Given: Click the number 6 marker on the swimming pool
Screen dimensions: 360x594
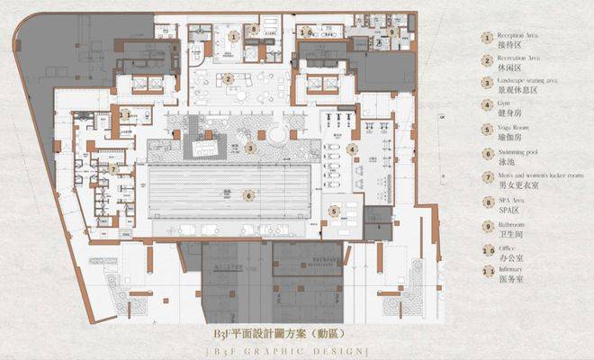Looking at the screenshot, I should click(x=247, y=194).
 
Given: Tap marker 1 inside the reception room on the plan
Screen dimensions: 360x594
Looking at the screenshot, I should click(x=234, y=37).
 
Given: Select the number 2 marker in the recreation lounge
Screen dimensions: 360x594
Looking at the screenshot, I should click(x=229, y=79).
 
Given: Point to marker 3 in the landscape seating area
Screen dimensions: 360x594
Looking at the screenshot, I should click(x=251, y=148).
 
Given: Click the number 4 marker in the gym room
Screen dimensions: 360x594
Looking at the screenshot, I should click(x=353, y=149).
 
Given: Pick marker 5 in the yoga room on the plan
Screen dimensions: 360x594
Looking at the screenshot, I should click(x=333, y=211).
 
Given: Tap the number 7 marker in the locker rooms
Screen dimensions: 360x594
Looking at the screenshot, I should click(x=114, y=168).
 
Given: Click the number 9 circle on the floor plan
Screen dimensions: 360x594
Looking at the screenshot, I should click(x=391, y=32).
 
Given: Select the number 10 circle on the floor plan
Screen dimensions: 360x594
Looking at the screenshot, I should click(x=307, y=31).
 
